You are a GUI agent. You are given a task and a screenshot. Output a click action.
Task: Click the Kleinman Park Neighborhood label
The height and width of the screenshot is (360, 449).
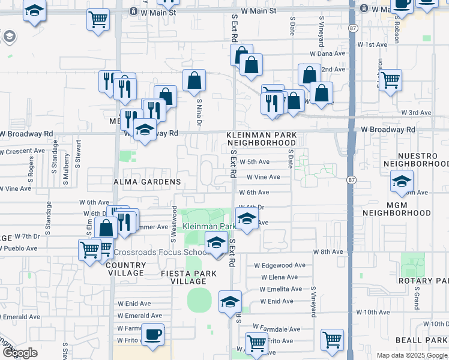261,139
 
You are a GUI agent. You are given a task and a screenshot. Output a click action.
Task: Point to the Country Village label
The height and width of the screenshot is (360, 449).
125,269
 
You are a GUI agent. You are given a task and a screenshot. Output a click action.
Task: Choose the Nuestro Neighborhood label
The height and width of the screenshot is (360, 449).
416,159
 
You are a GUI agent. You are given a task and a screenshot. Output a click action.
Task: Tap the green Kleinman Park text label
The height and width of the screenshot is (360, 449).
207,226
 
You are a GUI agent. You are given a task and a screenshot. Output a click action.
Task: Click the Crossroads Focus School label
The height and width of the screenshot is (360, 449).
159,252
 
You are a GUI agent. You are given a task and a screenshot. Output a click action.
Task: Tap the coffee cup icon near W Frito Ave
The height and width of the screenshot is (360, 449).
152,334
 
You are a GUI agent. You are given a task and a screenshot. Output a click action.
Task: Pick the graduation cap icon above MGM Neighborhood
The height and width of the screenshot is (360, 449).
402,181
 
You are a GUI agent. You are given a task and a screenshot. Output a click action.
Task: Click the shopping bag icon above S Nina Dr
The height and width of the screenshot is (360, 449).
194,80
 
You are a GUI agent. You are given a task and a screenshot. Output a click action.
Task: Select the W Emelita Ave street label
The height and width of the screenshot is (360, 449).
282,289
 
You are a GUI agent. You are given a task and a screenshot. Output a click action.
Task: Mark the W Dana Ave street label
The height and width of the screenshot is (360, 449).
327,53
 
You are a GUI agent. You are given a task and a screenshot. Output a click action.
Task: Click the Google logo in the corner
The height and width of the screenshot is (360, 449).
20,353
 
